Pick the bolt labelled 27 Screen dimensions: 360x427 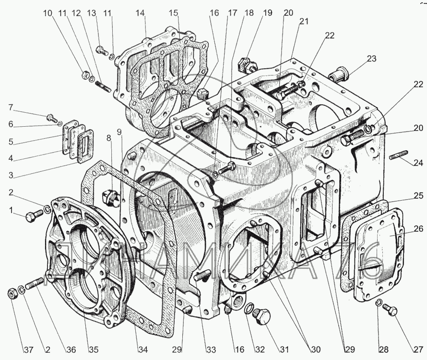point(391,311)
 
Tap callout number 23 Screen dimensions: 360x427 point(371,60)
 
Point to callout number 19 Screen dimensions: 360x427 point(267,13)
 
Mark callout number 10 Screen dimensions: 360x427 point(47,13)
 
